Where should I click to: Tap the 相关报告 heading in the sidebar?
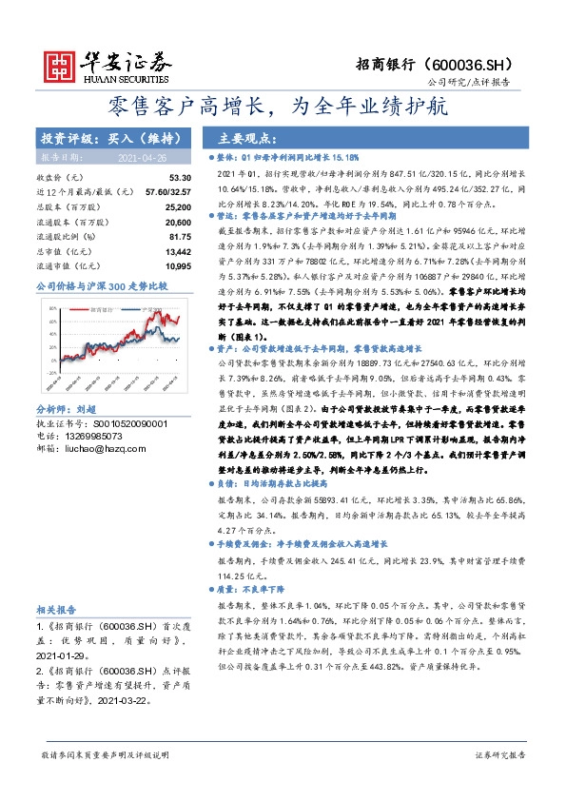point(58,609)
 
